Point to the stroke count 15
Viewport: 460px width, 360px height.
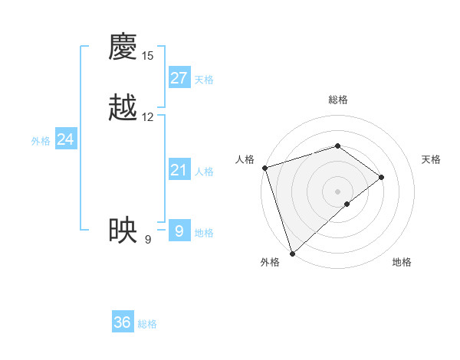coord(147,56)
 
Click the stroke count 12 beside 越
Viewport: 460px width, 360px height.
coord(147,117)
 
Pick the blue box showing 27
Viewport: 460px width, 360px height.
coord(179,78)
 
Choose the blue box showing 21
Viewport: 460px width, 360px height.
coord(179,170)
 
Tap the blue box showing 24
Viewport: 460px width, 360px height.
coord(66,139)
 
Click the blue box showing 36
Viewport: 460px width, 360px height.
coord(123,322)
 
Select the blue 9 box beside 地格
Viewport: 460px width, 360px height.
coord(179,231)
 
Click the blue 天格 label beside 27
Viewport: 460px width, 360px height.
coord(204,80)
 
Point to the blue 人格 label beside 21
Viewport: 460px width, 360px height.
coord(204,172)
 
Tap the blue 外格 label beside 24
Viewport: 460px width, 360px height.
coord(41,141)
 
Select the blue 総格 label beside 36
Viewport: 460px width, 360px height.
coord(147,324)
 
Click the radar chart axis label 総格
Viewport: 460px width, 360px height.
coord(337,100)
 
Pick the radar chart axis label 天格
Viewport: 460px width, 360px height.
coord(432,159)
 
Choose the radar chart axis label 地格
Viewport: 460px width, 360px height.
coord(402,262)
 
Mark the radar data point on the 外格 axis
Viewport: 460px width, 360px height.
coord(291,253)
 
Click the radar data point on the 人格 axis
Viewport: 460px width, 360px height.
coord(264,168)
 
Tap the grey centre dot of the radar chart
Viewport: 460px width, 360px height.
coord(337,191)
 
